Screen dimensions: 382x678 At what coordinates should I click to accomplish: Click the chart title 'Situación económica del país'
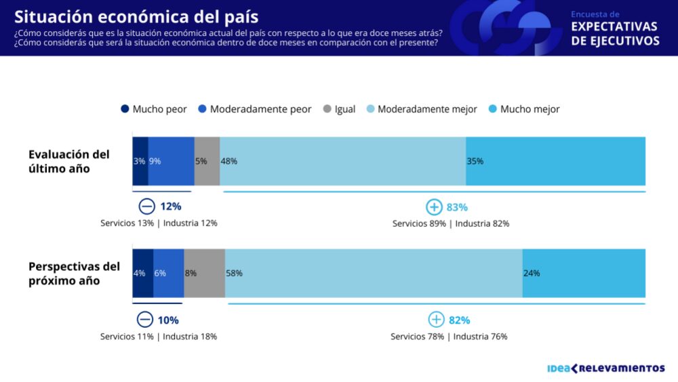136,16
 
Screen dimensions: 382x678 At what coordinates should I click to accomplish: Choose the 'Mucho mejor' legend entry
523,109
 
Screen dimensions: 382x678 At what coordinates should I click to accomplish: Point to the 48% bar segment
342,161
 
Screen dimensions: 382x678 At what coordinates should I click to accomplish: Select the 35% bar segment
555,161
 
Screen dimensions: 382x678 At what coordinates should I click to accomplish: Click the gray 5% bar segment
207,161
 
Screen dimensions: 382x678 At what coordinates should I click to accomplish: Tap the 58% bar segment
374,273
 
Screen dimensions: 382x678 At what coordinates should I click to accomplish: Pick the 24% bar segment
584,273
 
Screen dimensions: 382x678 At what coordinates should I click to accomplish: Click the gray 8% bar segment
204,273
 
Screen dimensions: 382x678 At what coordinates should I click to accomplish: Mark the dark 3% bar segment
140,161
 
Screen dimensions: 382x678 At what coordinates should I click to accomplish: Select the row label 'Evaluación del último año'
68,161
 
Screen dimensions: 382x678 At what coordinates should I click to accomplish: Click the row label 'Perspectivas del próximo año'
74,273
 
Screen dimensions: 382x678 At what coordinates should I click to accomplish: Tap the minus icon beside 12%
146,207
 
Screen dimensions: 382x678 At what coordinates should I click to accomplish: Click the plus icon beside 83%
434,207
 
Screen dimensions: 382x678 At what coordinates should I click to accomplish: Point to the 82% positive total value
458,320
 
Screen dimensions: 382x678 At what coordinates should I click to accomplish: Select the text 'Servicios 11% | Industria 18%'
159,336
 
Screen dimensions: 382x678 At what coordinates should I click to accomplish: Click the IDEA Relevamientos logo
605,368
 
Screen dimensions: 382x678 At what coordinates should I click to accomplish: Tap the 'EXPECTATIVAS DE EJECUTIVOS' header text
615,34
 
